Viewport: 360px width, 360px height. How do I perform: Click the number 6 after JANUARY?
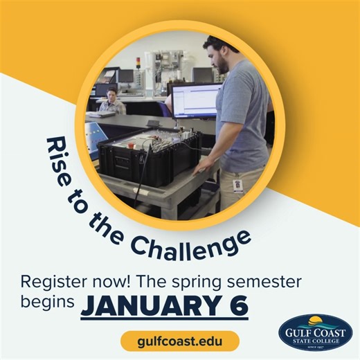click(x=237, y=305)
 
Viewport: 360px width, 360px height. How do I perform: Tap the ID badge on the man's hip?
click(x=237, y=186)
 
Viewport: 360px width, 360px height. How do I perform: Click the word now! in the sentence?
click(x=102, y=282)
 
